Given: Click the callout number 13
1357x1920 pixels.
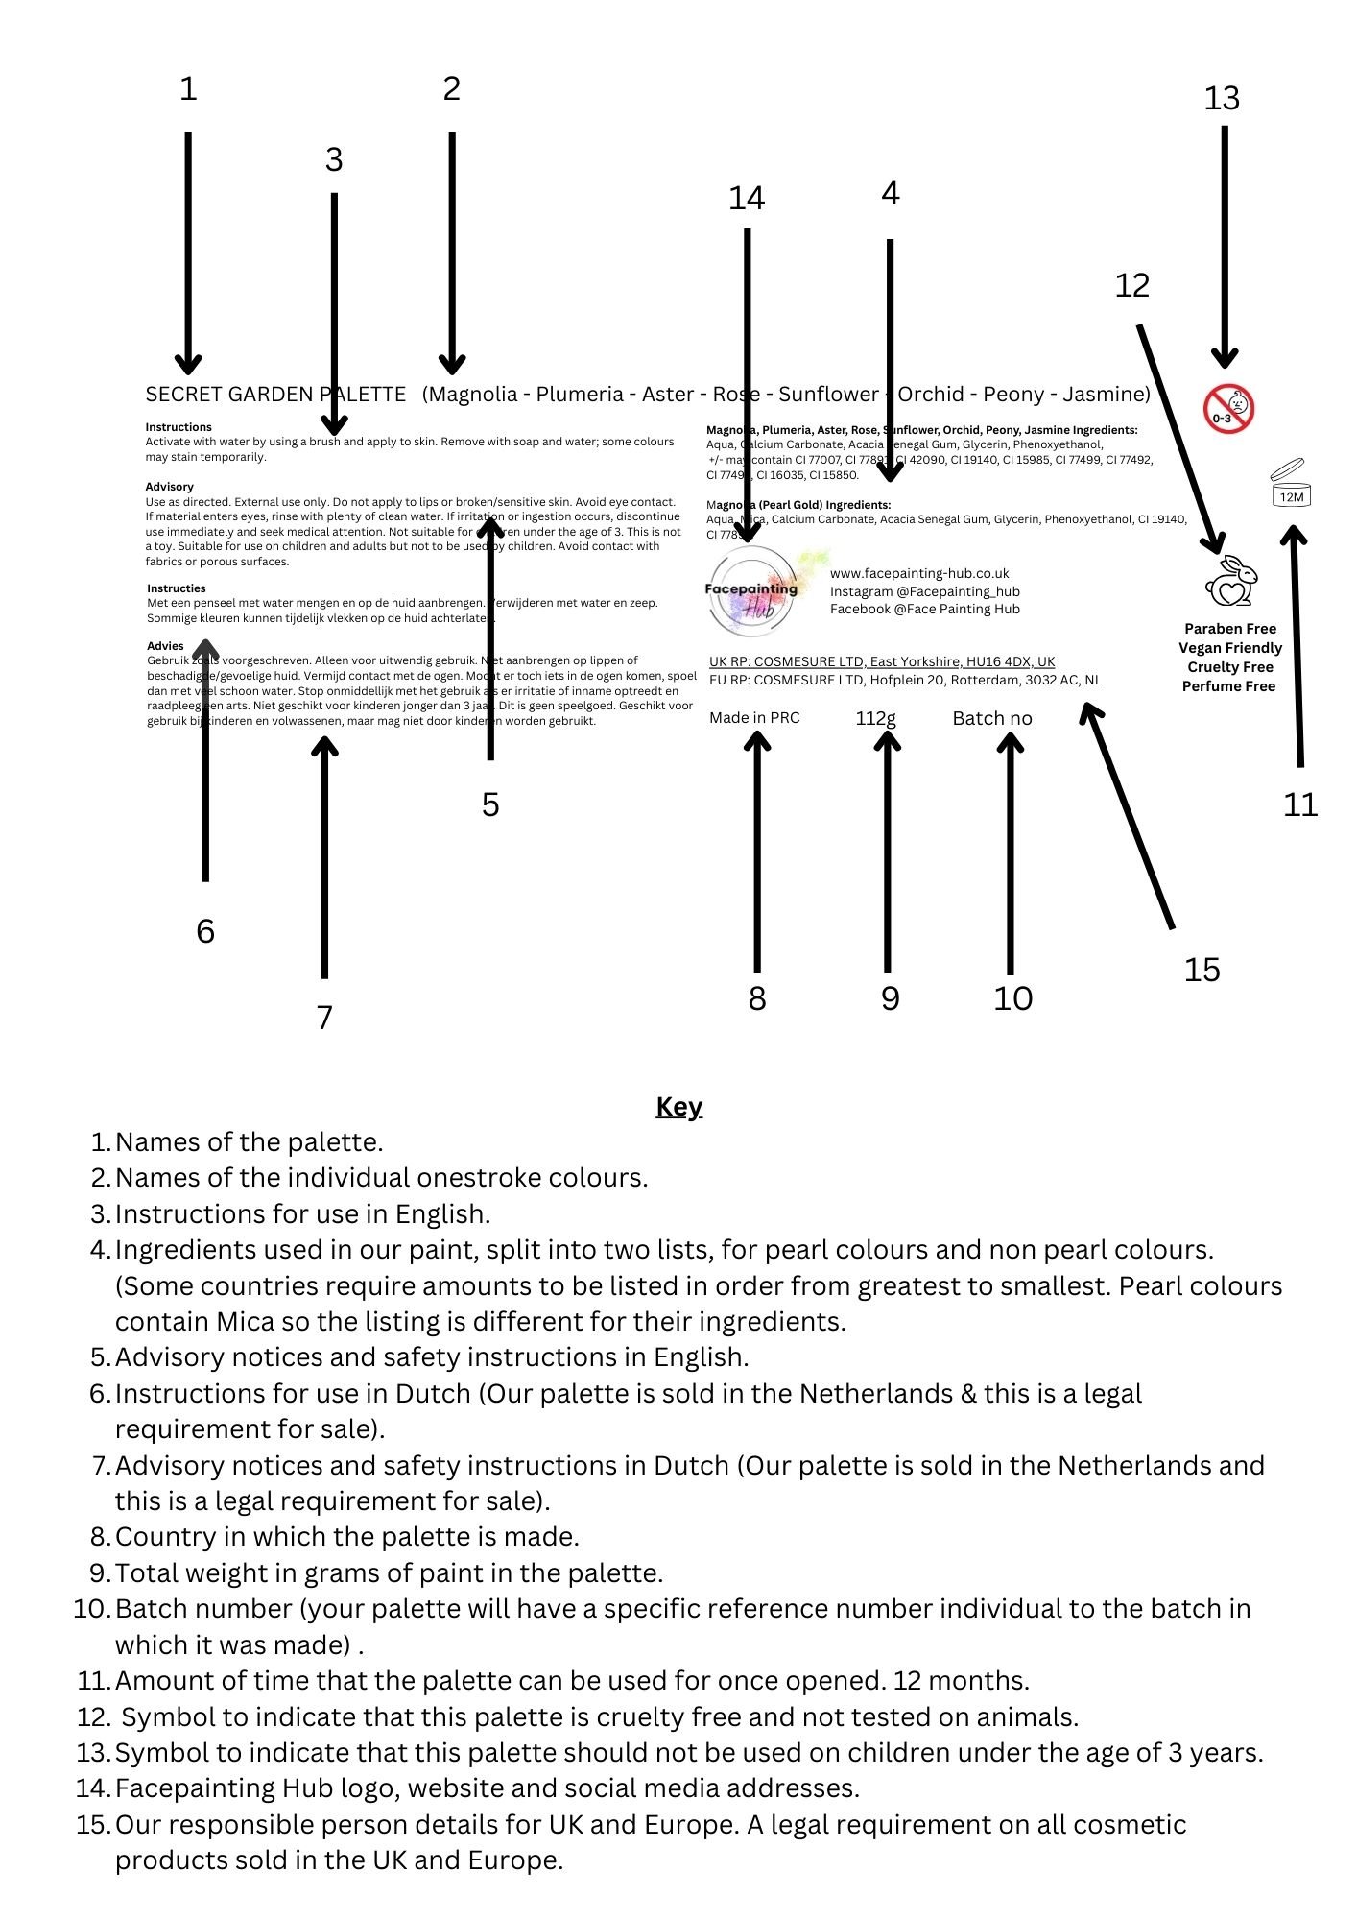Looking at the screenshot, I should pyautogui.click(x=1222, y=98).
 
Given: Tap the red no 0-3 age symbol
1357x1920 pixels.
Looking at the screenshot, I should pyautogui.click(x=1228, y=410).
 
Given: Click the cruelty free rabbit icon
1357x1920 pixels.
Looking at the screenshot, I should pyautogui.click(x=1231, y=581).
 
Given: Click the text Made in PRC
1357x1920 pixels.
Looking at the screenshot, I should pyautogui.click(x=754, y=718).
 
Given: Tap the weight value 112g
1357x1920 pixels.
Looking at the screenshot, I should pyautogui.click(x=875, y=718).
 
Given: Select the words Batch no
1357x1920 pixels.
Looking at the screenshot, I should pyautogui.click(x=991, y=718).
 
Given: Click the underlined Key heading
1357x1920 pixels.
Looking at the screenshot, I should pyautogui.click(x=678, y=1107).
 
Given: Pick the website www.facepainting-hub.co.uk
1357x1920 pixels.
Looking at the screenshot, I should pyautogui.click(x=919, y=573).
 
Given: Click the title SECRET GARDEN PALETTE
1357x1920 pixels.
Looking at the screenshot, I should pyautogui.click(x=275, y=395).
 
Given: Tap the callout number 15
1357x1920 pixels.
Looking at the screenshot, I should pyautogui.click(x=1202, y=970).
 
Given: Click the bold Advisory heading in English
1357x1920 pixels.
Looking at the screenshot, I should pyautogui.click(x=170, y=487).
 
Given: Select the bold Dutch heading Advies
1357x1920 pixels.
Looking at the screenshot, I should pyautogui.click(x=165, y=646).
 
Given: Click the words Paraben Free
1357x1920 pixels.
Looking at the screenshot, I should pyautogui.click(x=1229, y=629).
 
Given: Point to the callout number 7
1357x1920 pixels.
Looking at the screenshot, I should pyautogui.click(x=324, y=1017).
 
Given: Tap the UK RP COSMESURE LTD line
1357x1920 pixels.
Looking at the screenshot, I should pyautogui.click(x=881, y=661).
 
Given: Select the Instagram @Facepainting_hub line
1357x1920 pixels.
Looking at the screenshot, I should pyautogui.click(x=924, y=591).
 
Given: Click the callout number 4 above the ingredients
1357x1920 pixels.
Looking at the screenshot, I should pyautogui.click(x=890, y=194).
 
